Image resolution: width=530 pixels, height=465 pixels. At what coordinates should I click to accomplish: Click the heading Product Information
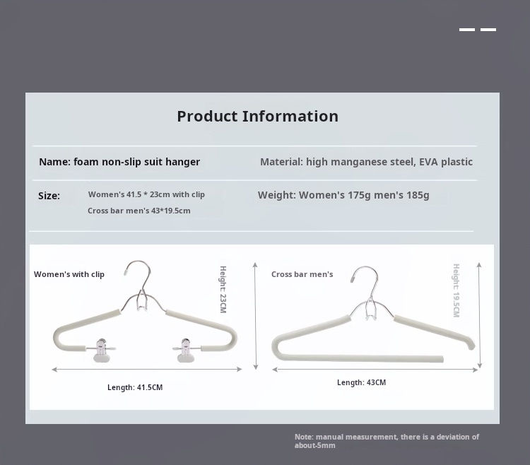(257, 117)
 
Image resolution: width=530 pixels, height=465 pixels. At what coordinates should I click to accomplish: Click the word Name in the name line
(54, 162)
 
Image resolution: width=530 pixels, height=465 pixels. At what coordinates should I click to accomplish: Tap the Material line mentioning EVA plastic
(366, 162)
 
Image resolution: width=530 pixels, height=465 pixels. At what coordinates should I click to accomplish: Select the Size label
(49, 196)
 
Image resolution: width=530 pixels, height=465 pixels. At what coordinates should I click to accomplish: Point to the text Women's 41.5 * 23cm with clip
(146, 194)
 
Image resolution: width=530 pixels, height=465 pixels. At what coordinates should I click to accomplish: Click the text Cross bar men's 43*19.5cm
(139, 211)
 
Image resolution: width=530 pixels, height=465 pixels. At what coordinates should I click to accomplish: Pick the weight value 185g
(418, 195)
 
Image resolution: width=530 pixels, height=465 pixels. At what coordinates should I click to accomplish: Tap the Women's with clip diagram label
(69, 274)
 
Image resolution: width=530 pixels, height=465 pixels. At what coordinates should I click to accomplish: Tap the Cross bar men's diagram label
(302, 274)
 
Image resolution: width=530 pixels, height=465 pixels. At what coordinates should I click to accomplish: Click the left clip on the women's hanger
(101, 350)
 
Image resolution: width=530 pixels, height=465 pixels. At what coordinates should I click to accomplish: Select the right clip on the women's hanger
(185, 350)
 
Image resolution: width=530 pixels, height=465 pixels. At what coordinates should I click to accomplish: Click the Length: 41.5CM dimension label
(135, 387)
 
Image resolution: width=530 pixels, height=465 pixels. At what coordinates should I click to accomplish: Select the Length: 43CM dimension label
(361, 382)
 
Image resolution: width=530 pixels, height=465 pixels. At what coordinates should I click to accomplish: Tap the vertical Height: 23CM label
(223, 289)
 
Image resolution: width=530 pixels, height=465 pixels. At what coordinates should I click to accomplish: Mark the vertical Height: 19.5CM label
(457, 290)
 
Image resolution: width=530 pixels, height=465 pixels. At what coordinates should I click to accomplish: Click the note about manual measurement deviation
(387, 441)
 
